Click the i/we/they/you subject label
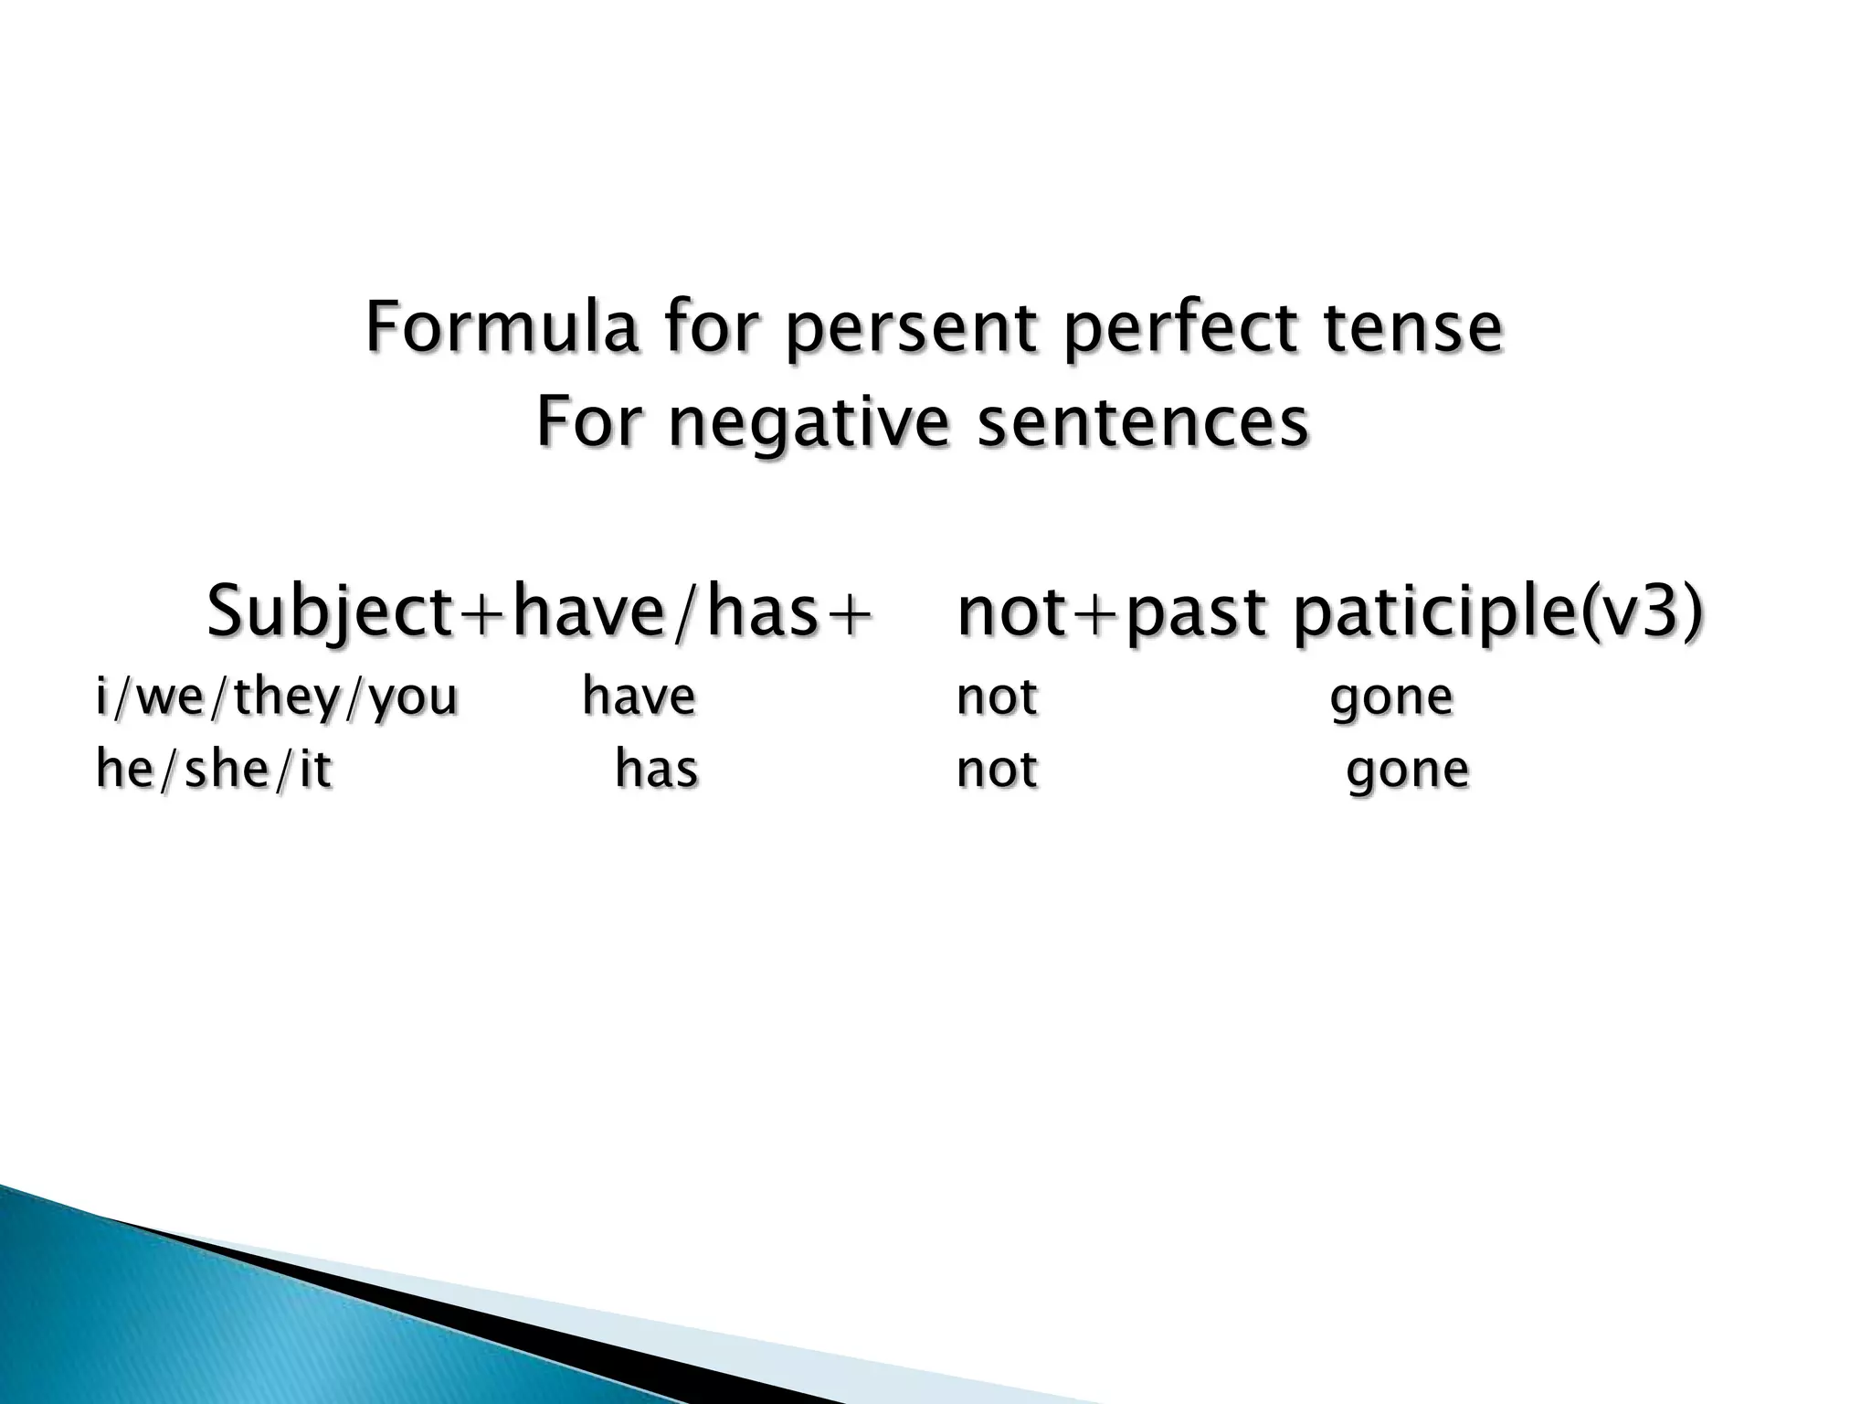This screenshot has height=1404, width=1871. pos(276,698)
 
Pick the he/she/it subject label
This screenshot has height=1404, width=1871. pos(214,770)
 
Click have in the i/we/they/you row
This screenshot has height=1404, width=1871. pos(639,697)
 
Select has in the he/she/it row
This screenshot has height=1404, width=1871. pos(656,770)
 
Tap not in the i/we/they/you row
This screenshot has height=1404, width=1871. pos(997,698)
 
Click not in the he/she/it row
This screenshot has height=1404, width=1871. pos(997,771)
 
